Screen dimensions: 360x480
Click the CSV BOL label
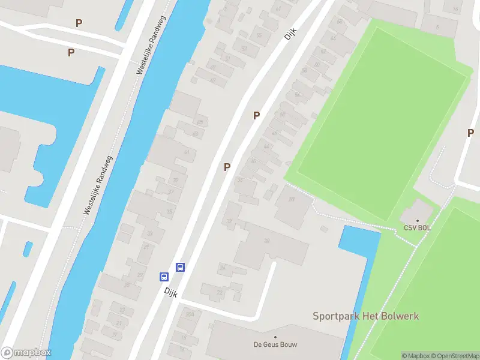(417, 228)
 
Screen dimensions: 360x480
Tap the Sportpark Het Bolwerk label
(365, 316)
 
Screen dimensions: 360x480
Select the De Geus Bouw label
(275, 344)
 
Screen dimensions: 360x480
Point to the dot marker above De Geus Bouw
(275, 337)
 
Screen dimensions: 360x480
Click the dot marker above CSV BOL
(418, 220)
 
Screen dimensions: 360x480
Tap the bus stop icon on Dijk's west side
(164, 277)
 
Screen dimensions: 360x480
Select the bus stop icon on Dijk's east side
(179, 267)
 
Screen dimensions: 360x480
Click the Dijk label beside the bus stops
(171, 291)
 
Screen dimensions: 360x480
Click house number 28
(292, 199)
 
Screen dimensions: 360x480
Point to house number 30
(266, 241)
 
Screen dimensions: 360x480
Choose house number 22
(219, 293)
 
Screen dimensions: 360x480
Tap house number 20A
(190, 314)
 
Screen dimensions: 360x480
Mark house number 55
(259, 35)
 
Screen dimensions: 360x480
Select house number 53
(244, 48)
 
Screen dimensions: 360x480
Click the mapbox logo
(26, 352)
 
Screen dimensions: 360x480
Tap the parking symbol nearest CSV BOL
(471, 133)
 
